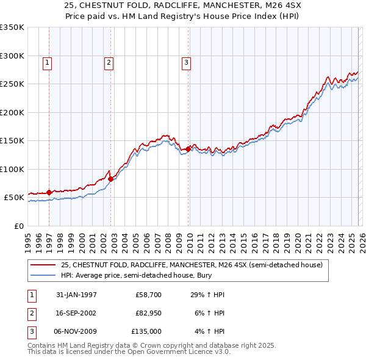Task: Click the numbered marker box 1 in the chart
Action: pyautogui.click(x=48, y=62)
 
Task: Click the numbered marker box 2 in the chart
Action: pyautogui.click(x=109, y=62)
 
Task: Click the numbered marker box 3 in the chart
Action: pyautogui.click(x=186, y=62)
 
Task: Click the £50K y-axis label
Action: pyautogui.click(x=13, y=198)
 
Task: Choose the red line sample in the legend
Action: pyautogui.click(x=43, y=265)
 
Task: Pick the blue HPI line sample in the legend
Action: pyautogui.click(x=43, y=276)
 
